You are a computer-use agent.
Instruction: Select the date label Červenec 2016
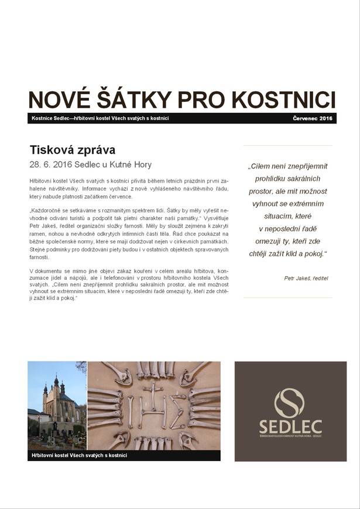tap(312, 119)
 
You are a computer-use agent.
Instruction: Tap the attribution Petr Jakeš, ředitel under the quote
tap(306, 278)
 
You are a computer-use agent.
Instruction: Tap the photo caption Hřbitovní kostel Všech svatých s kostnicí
tap(80, 455)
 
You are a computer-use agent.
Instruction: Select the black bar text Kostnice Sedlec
tap(52, 119)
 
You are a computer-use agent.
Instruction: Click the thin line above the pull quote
tap(287, 145)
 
